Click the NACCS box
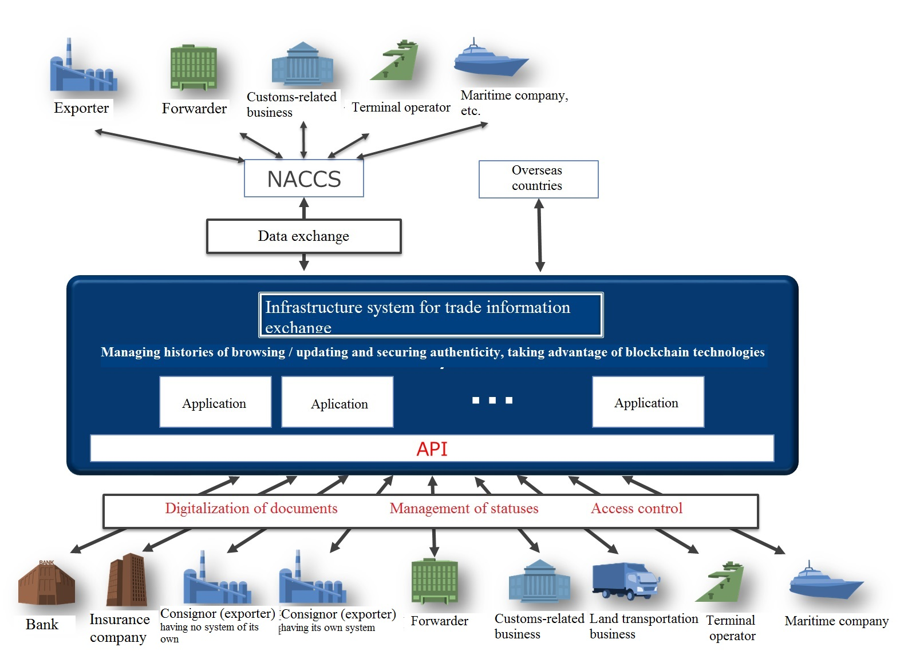[304, 178]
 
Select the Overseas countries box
[538, 178]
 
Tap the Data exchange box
[304, 236]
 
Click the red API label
[432, 449]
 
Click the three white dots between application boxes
[492, 400]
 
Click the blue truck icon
[626, 580]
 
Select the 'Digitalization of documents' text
[251, 509]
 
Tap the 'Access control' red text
[637, 509]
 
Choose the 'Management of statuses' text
[464, 509]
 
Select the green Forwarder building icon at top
[194, 68]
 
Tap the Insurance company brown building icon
[127, 580]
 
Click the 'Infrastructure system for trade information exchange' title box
[431, 315]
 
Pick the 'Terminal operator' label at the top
[401, 108]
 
